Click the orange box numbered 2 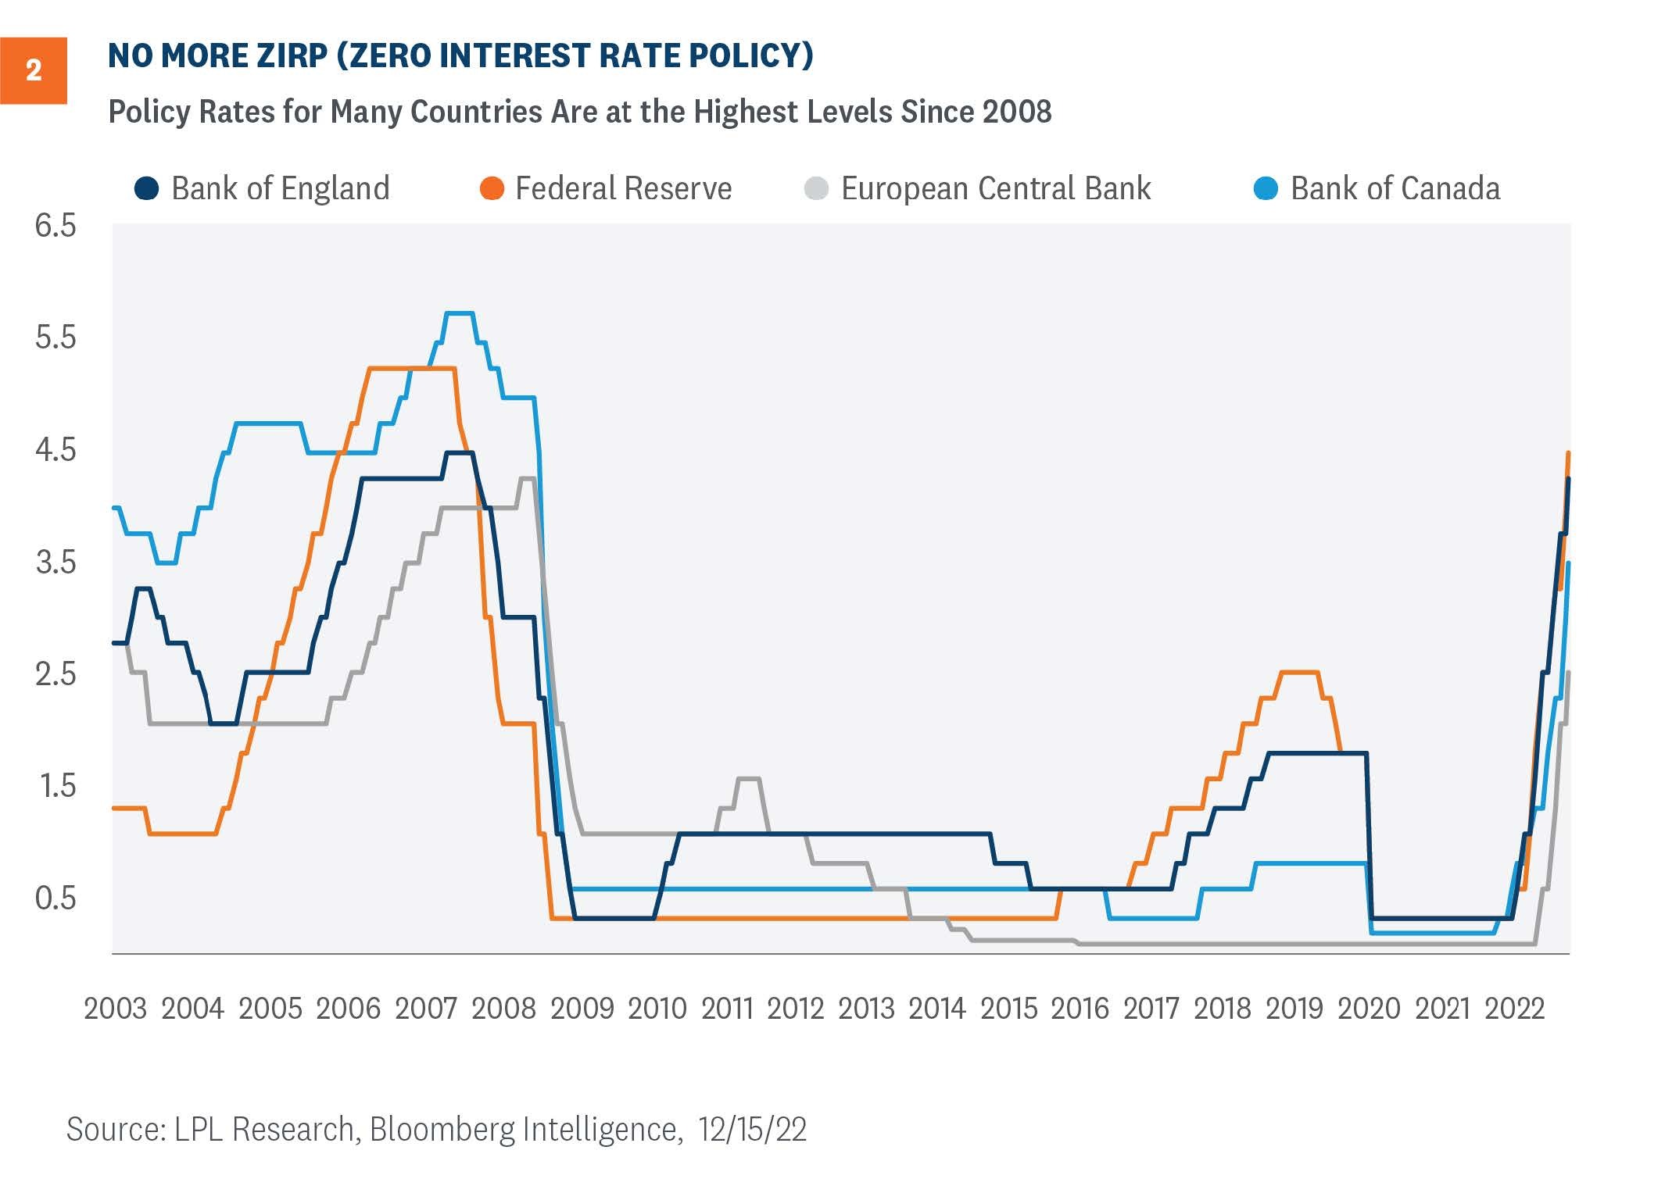click(x=33, y=70)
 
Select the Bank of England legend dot click(x=147, y=188)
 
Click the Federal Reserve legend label click(x=623, y=189)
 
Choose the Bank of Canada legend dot click(x=1266, y=188)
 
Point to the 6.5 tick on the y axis click(x=55, y=226)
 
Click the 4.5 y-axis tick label click(x=55, y=450)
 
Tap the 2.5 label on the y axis click(x=55, y=673)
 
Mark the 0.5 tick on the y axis click(x=55, y=898)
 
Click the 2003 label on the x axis click(x=115, y=1009)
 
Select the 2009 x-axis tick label click(x=582, y=1009)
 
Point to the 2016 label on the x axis click(x=1080, y=1009)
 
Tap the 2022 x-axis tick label click(x=1514, y=1009)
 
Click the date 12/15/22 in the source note click(x=752, y=1130)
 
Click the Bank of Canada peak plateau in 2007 click(x=459, y=313)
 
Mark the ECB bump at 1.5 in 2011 click(x=748, y=778)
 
